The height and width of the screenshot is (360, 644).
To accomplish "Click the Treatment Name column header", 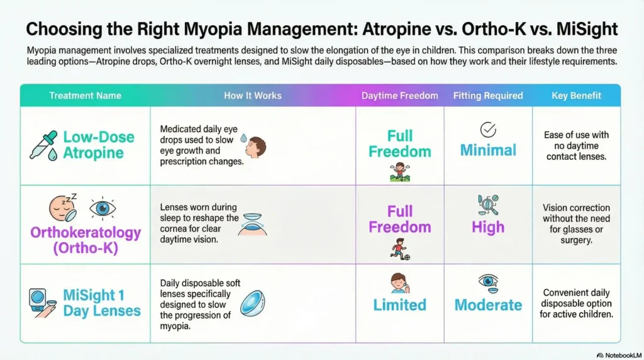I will [85, 96].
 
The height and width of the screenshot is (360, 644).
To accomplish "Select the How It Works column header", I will [252, 96].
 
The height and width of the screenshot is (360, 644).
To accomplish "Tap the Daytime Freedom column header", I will [399, 96].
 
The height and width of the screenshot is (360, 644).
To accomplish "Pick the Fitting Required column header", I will [488, 96].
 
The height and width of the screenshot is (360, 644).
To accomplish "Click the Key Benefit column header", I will [576, 96].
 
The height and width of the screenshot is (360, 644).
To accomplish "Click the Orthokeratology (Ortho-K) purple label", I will [86, 240].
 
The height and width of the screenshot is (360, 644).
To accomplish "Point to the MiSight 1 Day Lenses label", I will [101, 303].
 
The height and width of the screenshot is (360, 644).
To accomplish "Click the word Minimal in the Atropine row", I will [488, 150].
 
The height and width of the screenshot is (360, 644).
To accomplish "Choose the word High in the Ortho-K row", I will [488, 227].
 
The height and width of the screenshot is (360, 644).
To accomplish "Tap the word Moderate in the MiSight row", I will [488, 305].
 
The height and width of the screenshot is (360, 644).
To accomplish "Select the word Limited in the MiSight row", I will [399, 305].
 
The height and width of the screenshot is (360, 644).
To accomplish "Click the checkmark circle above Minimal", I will [488, 130].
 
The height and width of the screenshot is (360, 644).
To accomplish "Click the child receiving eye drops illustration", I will [254, 147].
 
